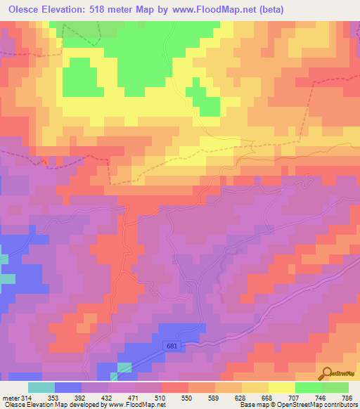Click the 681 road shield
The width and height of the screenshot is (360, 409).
click(174, 346)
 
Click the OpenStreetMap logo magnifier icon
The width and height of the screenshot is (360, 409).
click(326, 373)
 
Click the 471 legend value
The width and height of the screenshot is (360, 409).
click(136, 397)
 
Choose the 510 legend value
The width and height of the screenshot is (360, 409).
click(162, 397)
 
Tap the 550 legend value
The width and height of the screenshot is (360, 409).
click(189, 397)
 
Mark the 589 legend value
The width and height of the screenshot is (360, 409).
click(216, 397)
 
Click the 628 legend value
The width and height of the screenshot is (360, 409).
click(243, 397)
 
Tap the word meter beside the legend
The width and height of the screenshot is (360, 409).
click(11, 397)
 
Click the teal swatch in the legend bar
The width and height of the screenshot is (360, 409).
click(41, 387)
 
